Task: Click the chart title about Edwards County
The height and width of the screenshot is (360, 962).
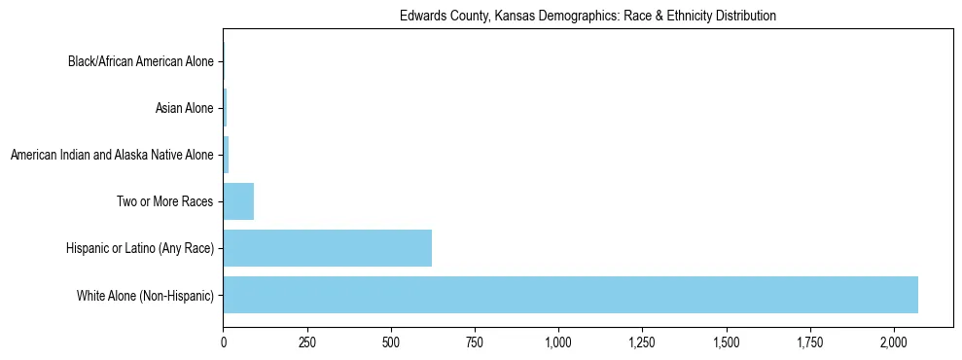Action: click(x=588, y=17)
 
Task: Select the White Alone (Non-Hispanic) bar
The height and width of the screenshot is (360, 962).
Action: click(x=570, y=295)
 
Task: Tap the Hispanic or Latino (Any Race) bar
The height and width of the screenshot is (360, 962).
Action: click(x=327, y=248)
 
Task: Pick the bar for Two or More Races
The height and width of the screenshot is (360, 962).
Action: click(x=238, y=201)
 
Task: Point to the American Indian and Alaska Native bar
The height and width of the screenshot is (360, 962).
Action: click(x=226, y=155)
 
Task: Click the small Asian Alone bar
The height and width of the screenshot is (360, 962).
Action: click(x=225, y=108)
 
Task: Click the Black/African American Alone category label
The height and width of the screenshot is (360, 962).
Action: click(x=140, y=62)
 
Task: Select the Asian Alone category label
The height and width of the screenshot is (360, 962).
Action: click(x=184, y=108)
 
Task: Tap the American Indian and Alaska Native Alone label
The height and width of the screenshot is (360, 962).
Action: click(x=111, y=155)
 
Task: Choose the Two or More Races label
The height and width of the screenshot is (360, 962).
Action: click(x=164, y=201)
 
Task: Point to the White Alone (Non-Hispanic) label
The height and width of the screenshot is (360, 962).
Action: click(x=145, y=295)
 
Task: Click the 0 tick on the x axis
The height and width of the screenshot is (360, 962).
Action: click(x=224, y=342)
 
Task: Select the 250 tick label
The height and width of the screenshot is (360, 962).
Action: click(x=307, y=342)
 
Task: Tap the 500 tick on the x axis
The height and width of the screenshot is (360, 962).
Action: click(x=391, y=342)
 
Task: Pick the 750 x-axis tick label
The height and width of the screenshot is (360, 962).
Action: click(x=475, y=342)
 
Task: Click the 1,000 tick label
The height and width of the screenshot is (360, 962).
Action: click(x=558, y=342)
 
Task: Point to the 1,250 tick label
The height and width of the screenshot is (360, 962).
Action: click(x=643, y=342)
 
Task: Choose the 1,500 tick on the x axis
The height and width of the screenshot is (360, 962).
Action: click(x=727, y=342)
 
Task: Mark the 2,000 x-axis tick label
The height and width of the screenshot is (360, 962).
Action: click(x=894, y=342)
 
